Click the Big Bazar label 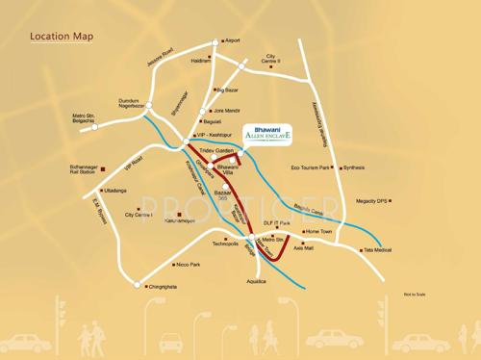[x=226, y=90]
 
